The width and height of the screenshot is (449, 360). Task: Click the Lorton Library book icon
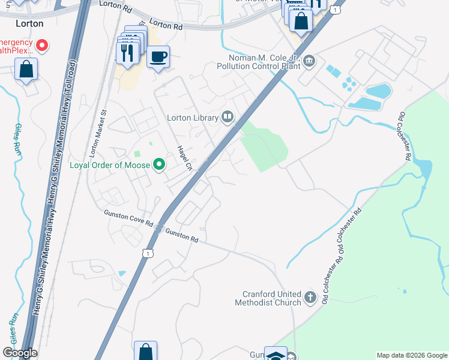[228, 116]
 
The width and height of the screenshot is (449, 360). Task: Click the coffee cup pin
[158, 57]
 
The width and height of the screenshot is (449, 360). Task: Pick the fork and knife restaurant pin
[127, 52]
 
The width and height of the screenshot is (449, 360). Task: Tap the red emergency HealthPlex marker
[42, 45]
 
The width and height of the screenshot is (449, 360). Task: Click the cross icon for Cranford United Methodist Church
[310, 298]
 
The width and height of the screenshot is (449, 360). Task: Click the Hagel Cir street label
[183, 158]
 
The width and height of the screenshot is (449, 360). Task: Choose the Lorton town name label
[29, 23]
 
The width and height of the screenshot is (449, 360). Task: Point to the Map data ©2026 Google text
[412, 355]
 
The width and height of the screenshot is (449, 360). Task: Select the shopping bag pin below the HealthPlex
[26, 70]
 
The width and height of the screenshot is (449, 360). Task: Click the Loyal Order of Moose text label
[111, 165]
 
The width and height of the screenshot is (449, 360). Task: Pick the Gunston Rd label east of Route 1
[182, 235]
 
